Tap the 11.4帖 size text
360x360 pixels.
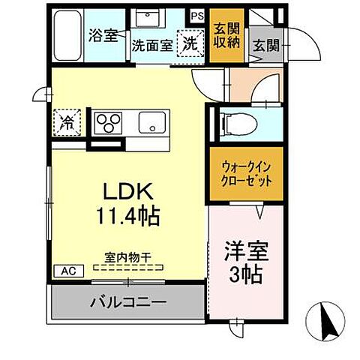(x=125, y=217)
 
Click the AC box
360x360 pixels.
(x=65, y=271)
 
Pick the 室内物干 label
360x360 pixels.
(x=127, y=257)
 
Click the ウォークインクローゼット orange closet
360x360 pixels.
(x=245, y=175)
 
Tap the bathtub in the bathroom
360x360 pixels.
(x=68, y=37)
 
